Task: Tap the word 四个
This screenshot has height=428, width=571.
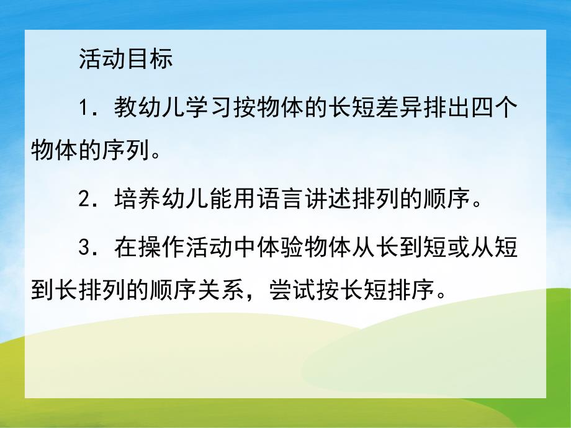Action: click(x=496, y=109)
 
